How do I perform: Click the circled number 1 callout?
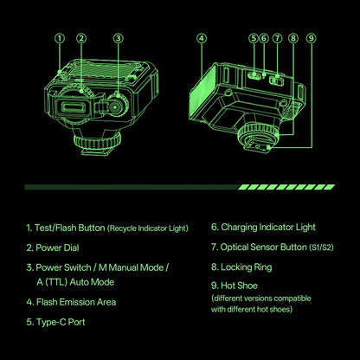[x=60, y=38]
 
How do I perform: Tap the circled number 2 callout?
[x=81, y=38]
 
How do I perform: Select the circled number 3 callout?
[x=119, y=38]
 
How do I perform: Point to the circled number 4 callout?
[x=202, y=38]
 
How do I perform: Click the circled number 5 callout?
[x=254, y=38]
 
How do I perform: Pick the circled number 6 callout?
[x=264, y=38]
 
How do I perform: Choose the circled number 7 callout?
[x=278, y=38]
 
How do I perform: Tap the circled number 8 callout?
[x=293, y=38]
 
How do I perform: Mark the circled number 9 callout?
[x=312, y=38]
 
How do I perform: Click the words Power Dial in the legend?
[x=57, y=247]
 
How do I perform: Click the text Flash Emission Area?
[x=76, y=302]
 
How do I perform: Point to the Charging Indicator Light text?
[x=268, y=228]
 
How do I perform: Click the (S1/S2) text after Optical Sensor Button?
[x=321, y=247]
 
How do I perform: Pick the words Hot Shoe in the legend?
[x=239, y=286]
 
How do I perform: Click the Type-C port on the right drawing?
[x=254, y=75]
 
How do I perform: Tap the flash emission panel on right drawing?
[x=202, y=93]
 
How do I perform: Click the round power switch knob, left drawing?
[x=116, y=106]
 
